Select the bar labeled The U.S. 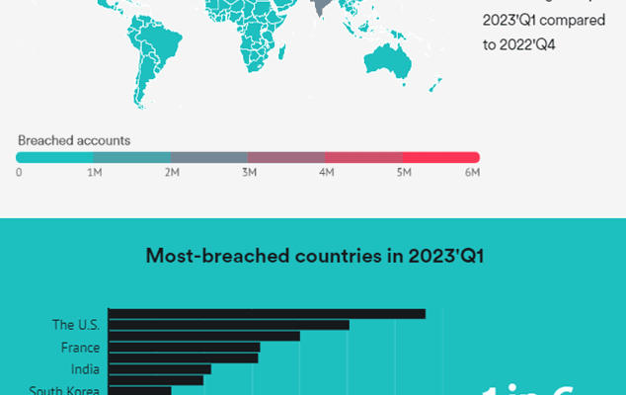pyautogui.click(x=228, y=325)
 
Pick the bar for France pyautogui.click(x=184, y=348)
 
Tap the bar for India pyautogui.click(x=159, y=369)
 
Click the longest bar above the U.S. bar pyautogui.click(x=267, y=314)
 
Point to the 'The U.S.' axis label pyautogui.click(x=76, y=324)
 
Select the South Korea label pyautogui.click(x=64, y=390)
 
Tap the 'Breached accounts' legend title pyautogui.click(x=74, y=140)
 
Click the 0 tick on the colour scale pyautogui.click(x=19, y=173)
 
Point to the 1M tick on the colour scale pyautogui.click(x=95, y=173)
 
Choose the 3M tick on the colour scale pyautogui.click(x=249, y=173)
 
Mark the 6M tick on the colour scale pyautogui.click(x=472, y=173)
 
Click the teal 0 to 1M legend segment pyautogui.click(x=55, y=157)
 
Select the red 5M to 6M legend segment pyautogui.click(x=441, y=157)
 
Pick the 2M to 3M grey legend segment pyautogui.click(x=209, y=157)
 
